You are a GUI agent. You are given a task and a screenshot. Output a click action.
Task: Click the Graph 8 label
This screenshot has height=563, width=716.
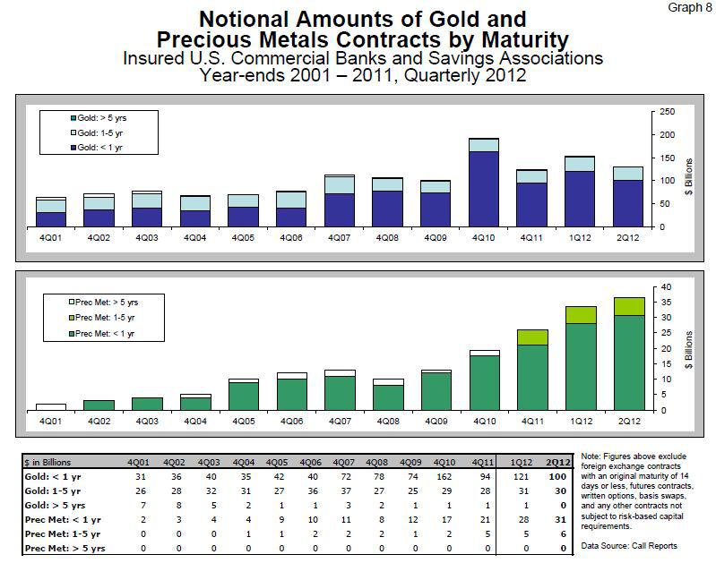point(686,8)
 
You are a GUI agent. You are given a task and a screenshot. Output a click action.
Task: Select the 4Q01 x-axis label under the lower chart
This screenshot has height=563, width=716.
point(49,421)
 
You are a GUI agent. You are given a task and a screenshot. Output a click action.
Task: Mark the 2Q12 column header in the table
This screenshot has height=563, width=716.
point(560,461)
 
